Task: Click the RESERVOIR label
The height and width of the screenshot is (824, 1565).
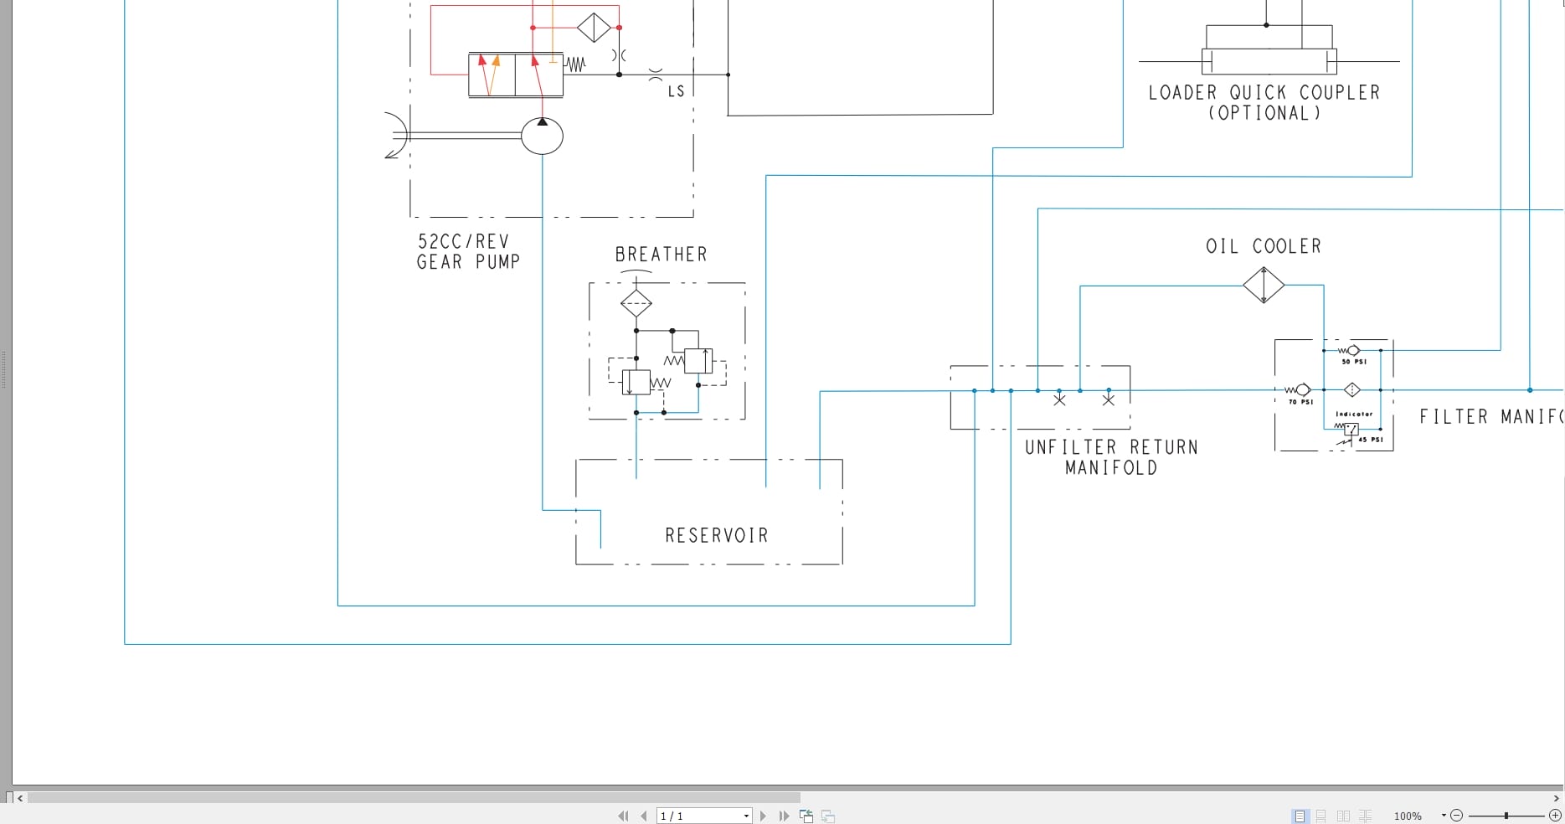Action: point(716,535)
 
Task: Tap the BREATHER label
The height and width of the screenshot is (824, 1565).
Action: point(661,255)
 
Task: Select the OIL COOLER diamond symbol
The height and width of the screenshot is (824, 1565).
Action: point(1264,286)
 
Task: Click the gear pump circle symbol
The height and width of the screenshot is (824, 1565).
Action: point(542,136)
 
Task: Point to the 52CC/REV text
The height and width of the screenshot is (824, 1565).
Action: point(463,241)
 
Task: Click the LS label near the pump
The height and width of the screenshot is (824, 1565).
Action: point(676,91)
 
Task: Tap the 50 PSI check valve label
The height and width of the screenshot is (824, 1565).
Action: point(1354,362)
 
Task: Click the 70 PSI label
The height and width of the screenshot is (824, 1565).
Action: point(1300,402)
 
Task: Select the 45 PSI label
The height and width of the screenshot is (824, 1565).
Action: point(1371,440)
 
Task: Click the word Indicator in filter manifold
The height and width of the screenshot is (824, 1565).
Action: point(1354,414)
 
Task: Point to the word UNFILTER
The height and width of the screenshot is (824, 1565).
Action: point(1070,447)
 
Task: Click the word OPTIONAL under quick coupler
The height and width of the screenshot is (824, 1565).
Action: point(1264,113)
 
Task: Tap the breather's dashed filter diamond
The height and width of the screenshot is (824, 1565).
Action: point(636,303)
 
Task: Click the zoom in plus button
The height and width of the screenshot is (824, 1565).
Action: point(1555,815)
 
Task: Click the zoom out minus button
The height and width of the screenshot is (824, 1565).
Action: point(1456,815)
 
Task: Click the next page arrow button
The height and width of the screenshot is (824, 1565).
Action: point(763,816)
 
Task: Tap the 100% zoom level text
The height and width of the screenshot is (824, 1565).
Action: point(1408,816)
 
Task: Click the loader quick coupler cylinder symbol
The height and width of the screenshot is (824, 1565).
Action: point(1269,61)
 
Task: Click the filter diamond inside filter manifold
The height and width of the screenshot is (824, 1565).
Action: point(1352,389)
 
